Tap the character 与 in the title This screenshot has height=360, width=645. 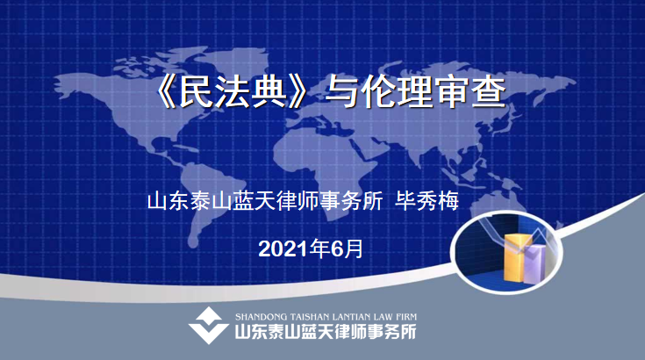pos(341,92)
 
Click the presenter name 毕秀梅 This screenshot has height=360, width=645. pos(426,201)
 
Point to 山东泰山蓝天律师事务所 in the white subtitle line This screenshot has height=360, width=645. pos(265,201)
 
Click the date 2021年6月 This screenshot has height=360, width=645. pos(311,248)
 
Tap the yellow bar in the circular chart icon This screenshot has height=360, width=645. pos(517,257)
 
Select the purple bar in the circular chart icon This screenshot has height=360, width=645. pos(535,264)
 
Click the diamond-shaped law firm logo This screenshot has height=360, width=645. pos(209,325)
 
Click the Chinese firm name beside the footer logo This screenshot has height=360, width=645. pos(326,332)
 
